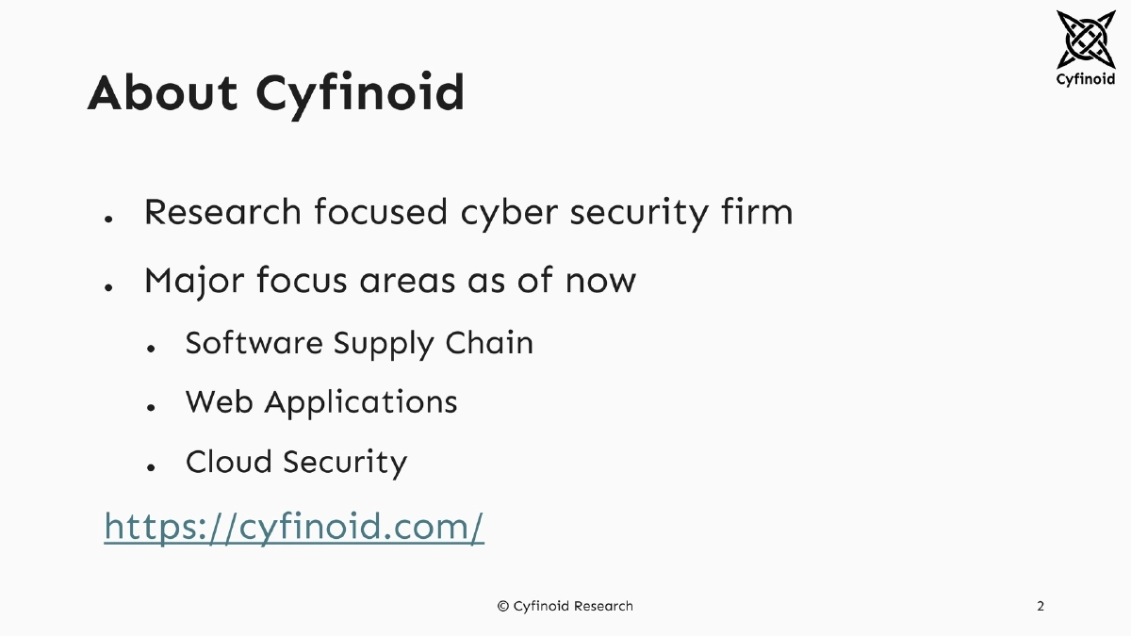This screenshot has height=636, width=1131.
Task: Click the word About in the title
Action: (162, 92)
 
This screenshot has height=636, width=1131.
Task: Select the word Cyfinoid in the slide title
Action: (361, 94)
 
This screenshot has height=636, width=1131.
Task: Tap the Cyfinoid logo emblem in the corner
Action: (1085, 40)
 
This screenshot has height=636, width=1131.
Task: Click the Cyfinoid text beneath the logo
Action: (1085, 79)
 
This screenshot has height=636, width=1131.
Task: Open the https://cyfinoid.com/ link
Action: (294, 527)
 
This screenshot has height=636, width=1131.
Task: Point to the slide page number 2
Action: (1041, 606)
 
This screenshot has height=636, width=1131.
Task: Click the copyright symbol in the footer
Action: (503, 606)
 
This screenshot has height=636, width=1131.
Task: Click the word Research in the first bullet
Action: (223, 212)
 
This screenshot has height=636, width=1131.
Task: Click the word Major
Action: (192, 281)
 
